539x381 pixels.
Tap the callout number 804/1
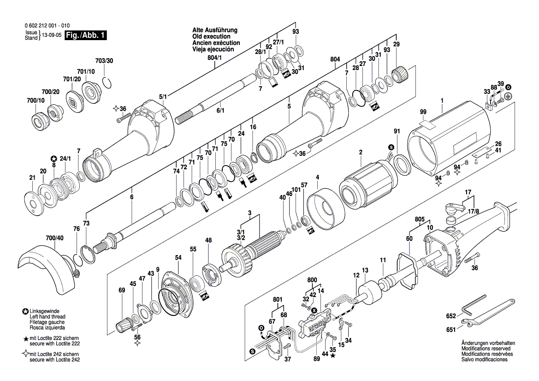point(214,59)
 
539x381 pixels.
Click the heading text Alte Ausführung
point(214,30)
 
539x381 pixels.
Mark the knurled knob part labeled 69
point(124,325)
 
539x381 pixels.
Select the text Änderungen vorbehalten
point(488,343)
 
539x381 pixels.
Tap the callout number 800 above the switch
point(312,280)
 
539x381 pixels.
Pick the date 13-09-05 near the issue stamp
point(51,36)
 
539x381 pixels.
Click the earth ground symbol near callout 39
point(509,95)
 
